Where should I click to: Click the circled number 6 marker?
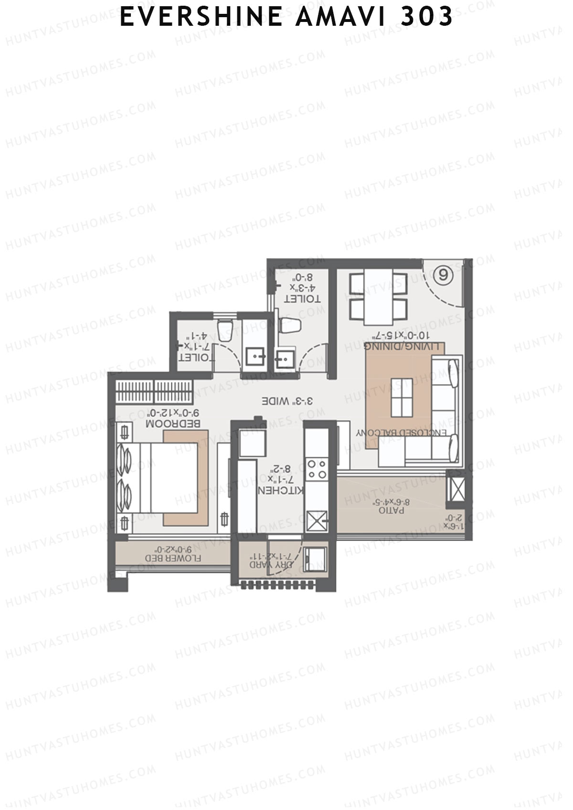point(444,275)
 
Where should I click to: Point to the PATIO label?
point(392,510)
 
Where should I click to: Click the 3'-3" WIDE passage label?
point(287,401)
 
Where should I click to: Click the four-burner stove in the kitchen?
point(317,469)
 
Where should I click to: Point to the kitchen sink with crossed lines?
point(317,520)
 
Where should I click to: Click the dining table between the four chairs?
point(378,295)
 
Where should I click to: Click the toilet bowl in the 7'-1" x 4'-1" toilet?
point(224,330)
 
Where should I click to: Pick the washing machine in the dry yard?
point(314,558)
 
